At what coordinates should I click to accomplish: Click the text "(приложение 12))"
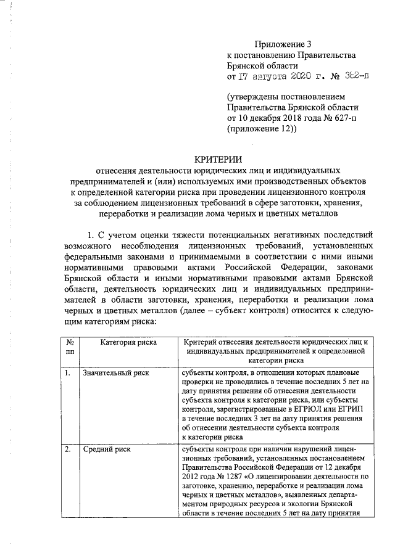(x=262, y=129)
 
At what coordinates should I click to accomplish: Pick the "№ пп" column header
(x=70, y=347)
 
